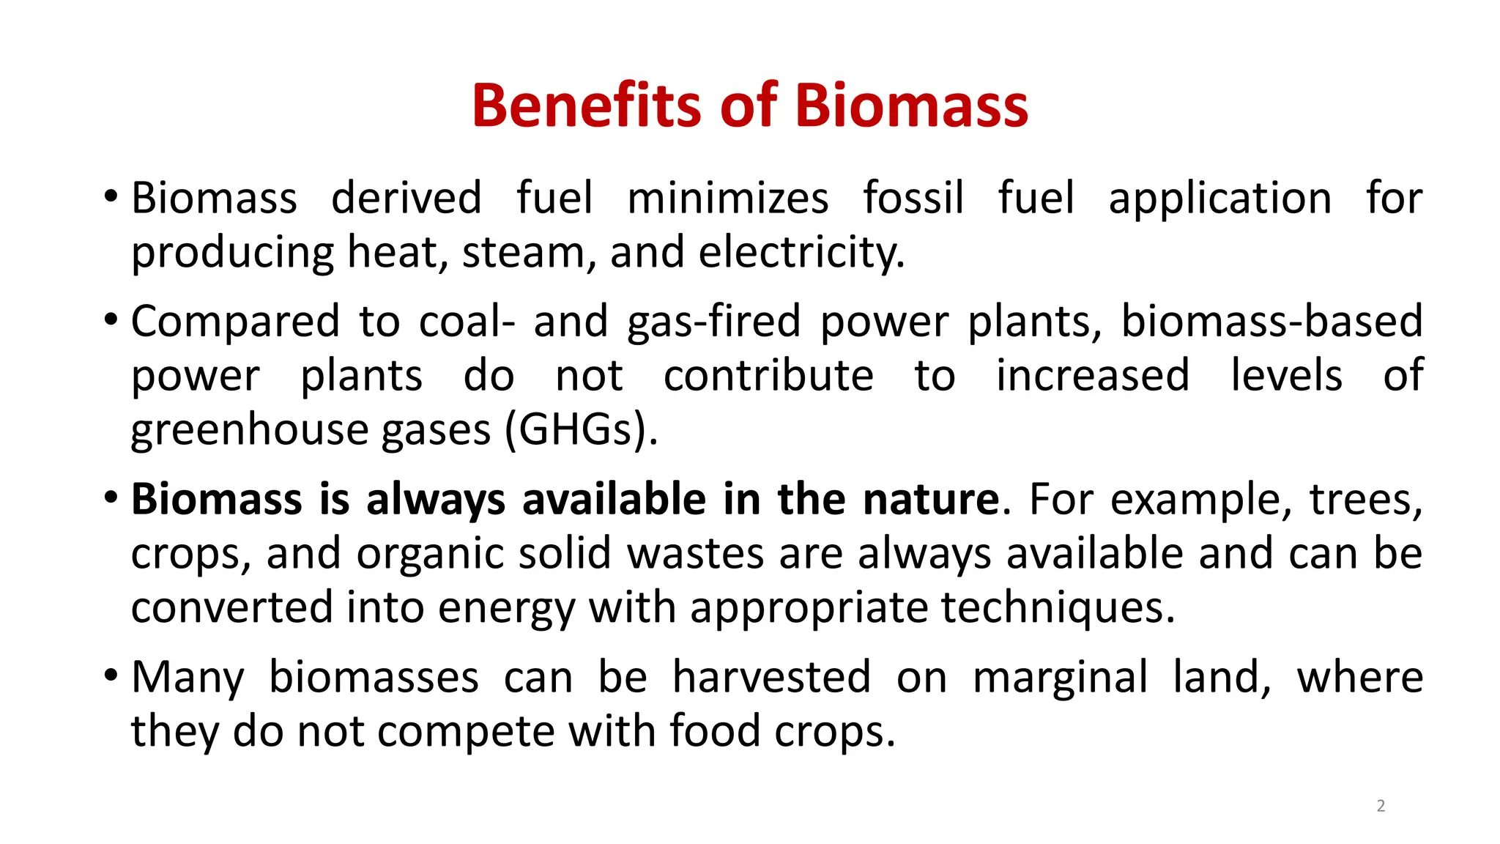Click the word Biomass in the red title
pyautogui.click(x=911, y=105)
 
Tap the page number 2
pyautogui.click(x=1381, y=806)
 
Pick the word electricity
pyautogui.click(x=802, y=253)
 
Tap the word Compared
pyautogui.click(x=235, y=322)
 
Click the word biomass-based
pyautogui.click(x=1272, y=322)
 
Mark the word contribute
pyautogui.click(x=768, y=376)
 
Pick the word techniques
pyautogui.click(x=1058, y=608)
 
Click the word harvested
pyautogui.click(x=772, y=677)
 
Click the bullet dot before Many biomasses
pyautogui.click(x=111, y=675)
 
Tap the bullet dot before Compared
pyautogui.click(x=111, y=319)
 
